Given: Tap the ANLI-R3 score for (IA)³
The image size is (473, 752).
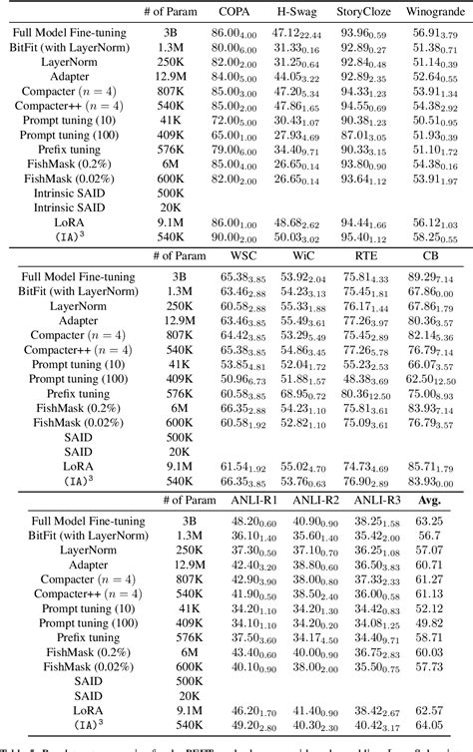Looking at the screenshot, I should (x=374, y=725).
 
